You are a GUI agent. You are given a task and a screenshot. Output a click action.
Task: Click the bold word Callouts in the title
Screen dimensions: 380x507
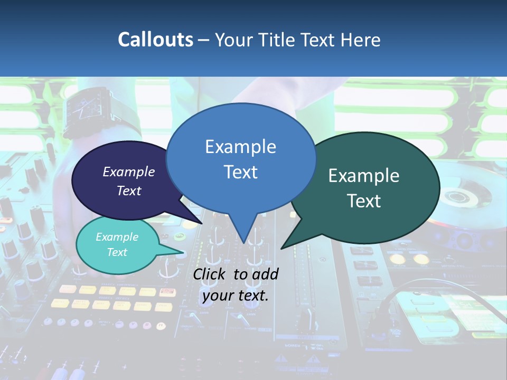pos(155,40)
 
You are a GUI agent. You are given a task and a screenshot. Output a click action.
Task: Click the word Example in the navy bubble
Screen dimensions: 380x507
pos(128,172)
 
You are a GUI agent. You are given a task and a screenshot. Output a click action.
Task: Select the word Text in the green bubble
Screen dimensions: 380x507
pos(364,201)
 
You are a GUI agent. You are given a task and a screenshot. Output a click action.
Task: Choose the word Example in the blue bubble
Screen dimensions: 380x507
pos(240,146)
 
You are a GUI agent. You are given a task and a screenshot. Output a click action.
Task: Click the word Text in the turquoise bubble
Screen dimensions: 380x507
pos(117,252)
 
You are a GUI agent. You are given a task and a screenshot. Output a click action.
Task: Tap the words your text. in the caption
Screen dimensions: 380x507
pos(235,296)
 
